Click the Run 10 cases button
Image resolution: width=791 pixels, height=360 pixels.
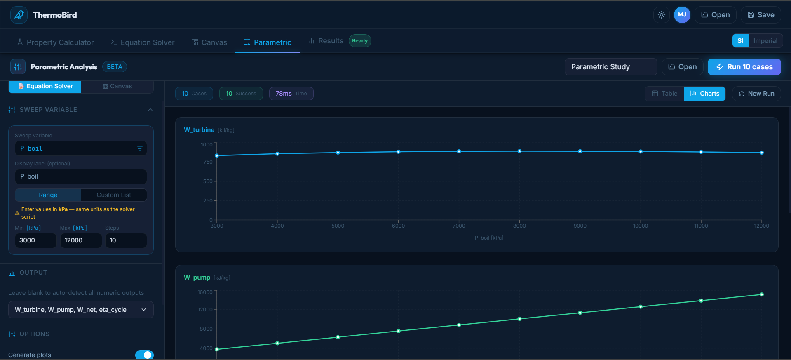(744, 67)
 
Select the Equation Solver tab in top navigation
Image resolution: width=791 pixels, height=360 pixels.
(143, 42)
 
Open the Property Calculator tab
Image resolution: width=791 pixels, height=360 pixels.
(55, 42)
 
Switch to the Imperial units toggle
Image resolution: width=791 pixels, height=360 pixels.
(765, 41)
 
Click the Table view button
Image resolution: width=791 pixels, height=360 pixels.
(664, 94)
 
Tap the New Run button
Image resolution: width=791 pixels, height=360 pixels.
(756, 94)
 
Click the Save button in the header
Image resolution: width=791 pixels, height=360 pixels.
(761, 15)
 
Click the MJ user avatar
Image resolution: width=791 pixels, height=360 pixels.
(682, 15)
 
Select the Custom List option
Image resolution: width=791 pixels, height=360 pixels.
(114, 195)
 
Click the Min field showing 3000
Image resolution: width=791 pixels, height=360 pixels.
(35, 240)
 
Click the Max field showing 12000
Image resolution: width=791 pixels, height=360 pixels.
(81, 240)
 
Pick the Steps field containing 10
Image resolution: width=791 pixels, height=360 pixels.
(126, 240)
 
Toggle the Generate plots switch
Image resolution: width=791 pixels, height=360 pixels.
(144, 355)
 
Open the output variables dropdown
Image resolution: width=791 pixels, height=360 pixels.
(81, 310)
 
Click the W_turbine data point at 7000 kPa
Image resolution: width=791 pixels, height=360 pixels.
(459, 151)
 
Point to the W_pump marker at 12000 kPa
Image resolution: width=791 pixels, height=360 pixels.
(762, 294)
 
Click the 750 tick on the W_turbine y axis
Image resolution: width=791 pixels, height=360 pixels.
(208, 162)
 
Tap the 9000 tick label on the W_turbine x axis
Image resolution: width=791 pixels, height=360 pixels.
(580, 226)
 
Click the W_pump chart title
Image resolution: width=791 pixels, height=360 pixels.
(197, 278)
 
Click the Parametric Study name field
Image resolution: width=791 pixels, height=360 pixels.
(610, 67)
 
